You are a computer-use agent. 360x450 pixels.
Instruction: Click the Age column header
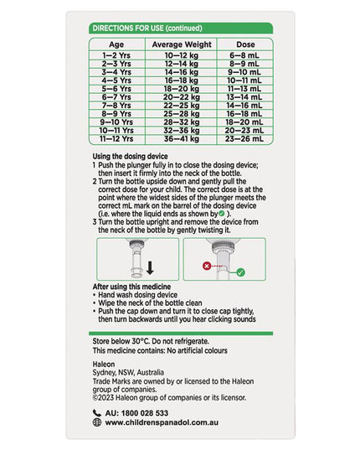116,44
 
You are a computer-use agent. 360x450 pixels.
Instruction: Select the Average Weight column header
182,44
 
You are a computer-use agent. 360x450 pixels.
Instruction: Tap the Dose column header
245,44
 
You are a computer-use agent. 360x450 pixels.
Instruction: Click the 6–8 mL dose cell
244,55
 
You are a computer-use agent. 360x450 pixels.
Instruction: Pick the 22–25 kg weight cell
182,106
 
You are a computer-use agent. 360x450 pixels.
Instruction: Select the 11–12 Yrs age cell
116,139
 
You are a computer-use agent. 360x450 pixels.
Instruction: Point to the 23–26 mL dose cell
244,139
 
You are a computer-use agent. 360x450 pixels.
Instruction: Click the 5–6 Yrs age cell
116,89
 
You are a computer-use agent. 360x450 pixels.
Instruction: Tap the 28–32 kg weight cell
182,122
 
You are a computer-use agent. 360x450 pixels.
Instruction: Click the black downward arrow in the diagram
150,268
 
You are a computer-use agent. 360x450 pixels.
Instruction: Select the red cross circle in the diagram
207,266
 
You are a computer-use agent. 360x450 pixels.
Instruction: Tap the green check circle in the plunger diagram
241,272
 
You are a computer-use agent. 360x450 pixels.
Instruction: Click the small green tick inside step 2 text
221,213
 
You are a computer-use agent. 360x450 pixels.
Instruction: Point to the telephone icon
97,413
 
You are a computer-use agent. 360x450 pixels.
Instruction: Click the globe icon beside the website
97,422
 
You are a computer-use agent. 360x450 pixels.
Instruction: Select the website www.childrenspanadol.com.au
162,422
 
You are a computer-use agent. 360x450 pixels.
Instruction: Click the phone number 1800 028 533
145,413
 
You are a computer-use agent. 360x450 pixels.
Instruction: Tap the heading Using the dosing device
130,157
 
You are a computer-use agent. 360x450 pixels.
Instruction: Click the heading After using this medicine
131,287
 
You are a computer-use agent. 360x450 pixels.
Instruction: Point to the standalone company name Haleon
104,365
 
